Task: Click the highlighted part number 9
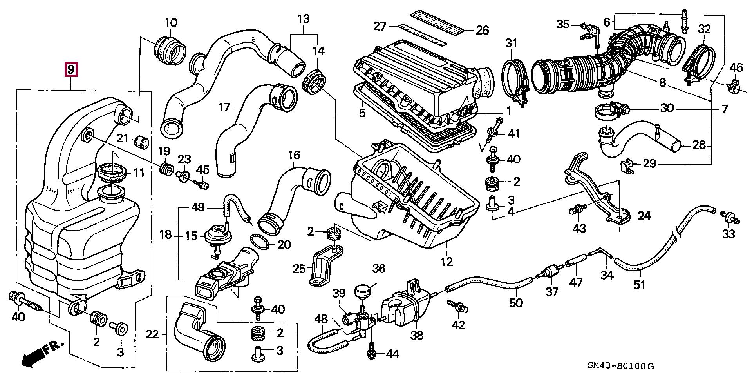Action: pos(71,70)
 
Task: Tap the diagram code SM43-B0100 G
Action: pos(620,366)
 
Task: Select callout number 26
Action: pos(483,30)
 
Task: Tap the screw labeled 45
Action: pos(202,184)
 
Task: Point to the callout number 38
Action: pos(417,335)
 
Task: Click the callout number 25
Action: pos(300,269)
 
